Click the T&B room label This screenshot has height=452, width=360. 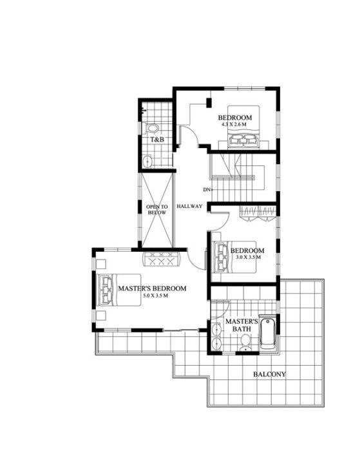[x=156, y=139]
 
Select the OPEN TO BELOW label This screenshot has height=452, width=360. [x=156, y=209]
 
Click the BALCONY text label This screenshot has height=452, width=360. [x=269, y=374]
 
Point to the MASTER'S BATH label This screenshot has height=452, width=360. [x=242, y=325]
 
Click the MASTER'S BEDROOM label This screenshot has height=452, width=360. [x=152, y=288]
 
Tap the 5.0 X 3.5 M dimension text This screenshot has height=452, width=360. [x=152, y=296]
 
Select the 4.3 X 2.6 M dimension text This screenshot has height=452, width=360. [x=234, y=124]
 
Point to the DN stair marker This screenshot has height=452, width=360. [x=207, y=189]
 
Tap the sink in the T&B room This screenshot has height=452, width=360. [x=147, y=160]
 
